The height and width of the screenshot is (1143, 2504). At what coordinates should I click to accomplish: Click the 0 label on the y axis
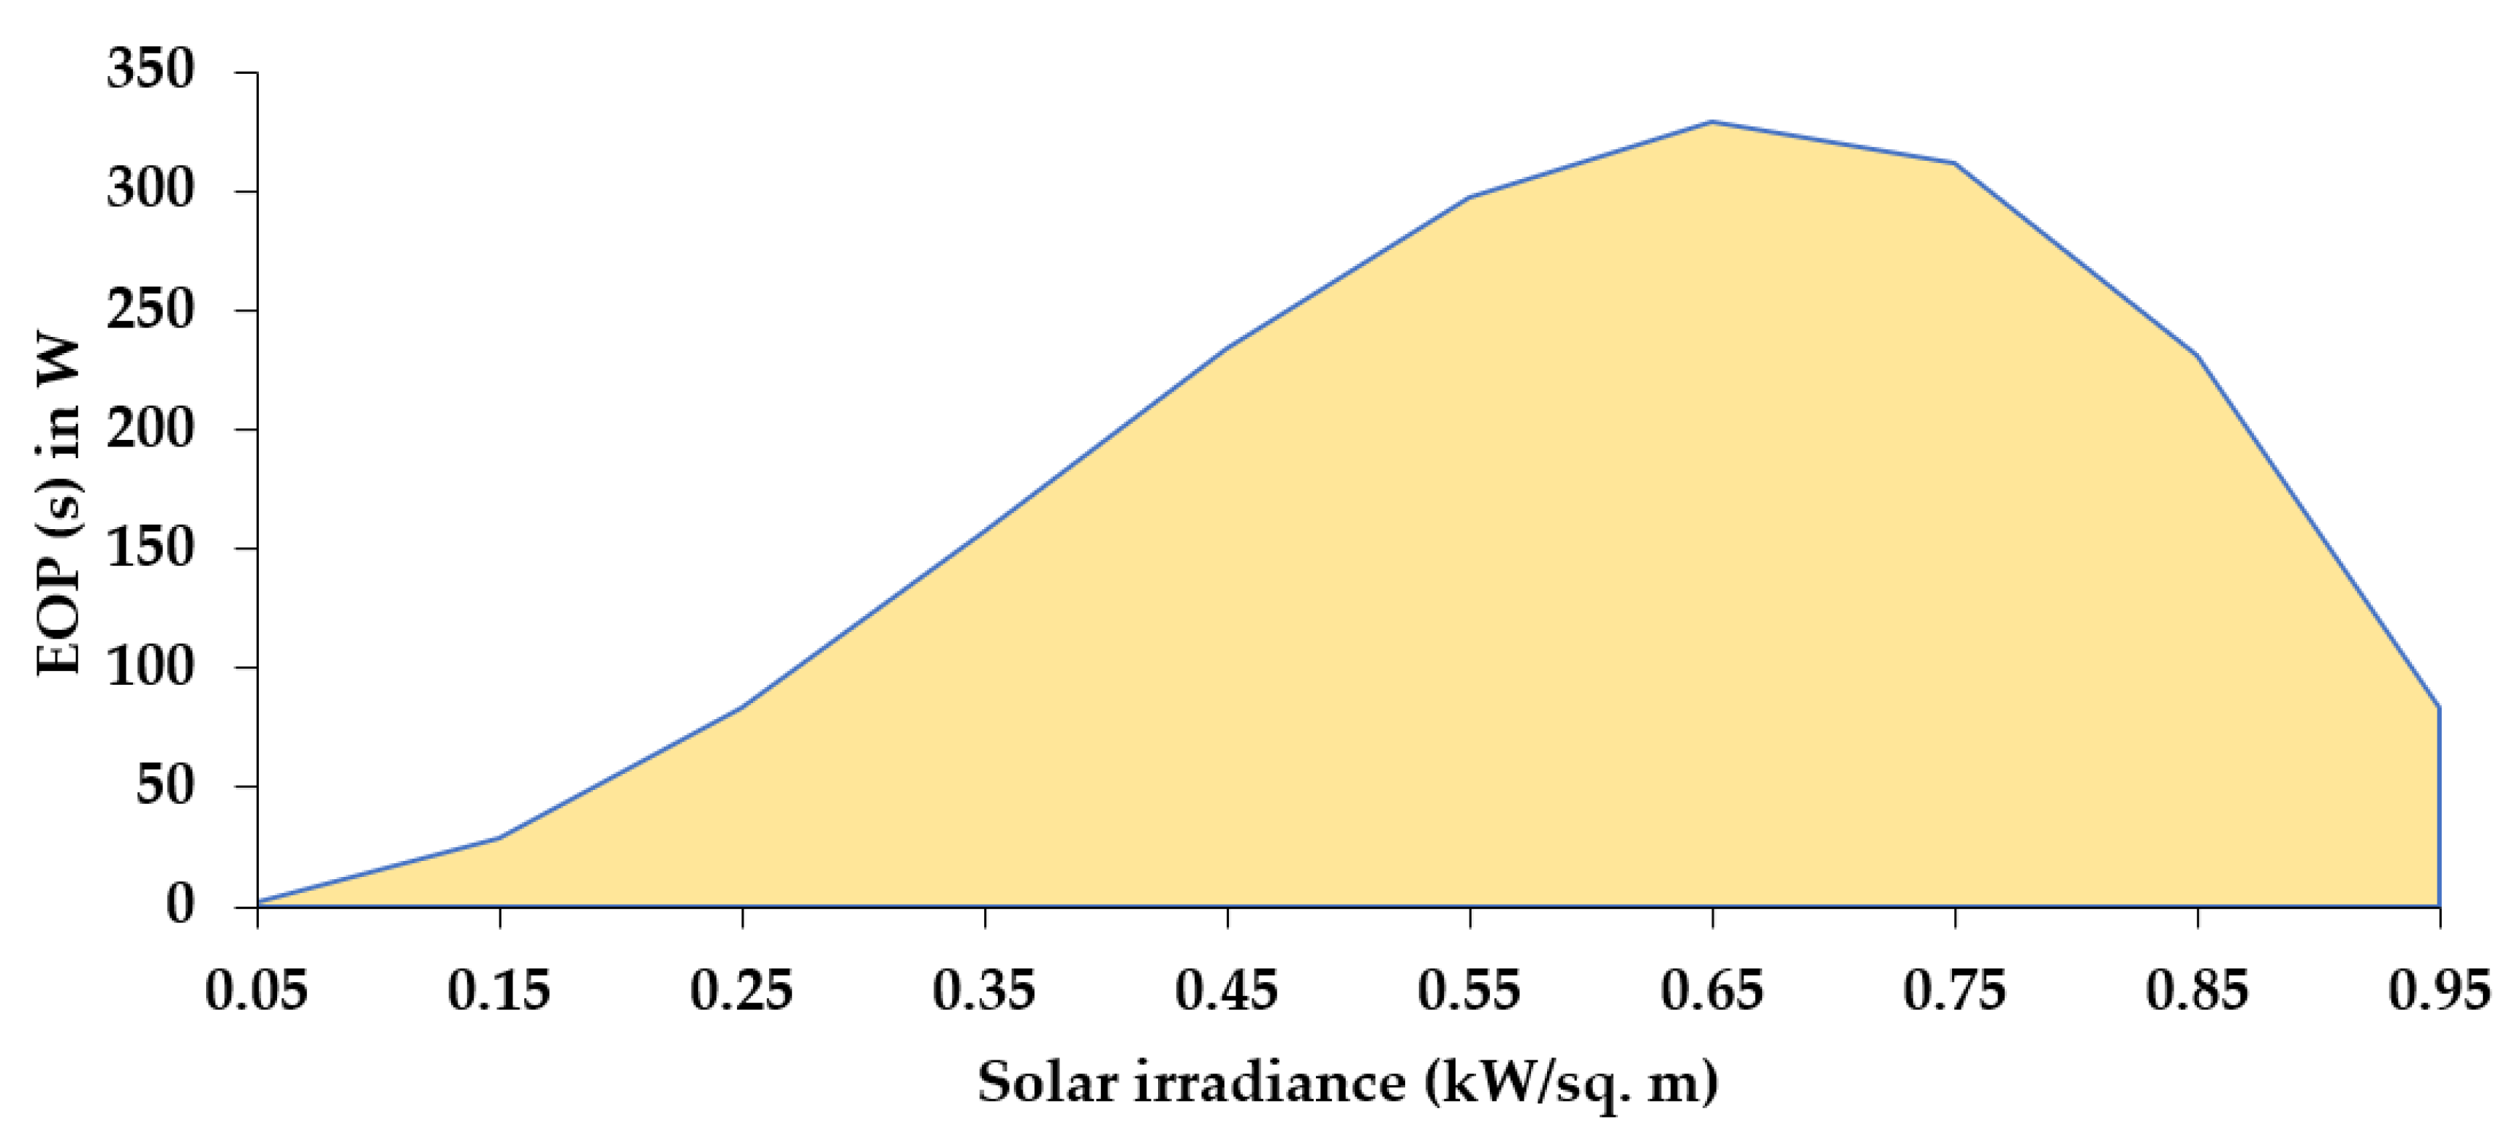(x=180, y=905)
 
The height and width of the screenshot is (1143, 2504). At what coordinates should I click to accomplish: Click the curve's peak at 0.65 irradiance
(x=1713, y=123)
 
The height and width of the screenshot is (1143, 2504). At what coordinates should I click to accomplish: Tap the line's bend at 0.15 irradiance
(x=499, y=837)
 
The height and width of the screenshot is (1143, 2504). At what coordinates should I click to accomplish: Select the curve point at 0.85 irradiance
(x=2197, y=356)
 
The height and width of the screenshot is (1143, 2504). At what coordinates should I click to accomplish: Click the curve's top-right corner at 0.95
(x=2439, y=707)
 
